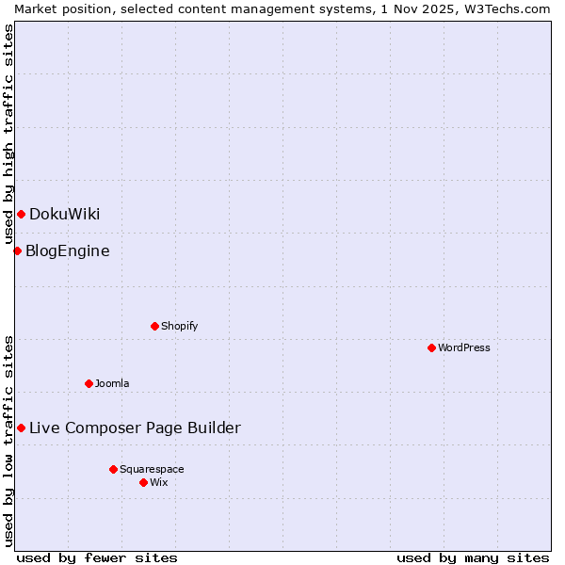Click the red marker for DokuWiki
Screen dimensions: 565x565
pos(21,215)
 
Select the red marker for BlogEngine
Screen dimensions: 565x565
pos(17,250)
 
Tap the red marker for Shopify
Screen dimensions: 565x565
pos(154,327)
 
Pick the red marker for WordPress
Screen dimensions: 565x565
pos(431,348)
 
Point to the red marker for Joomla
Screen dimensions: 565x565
pos(89,383)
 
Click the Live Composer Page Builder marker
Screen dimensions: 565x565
pos(21,428)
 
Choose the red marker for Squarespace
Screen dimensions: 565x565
pos(113,469)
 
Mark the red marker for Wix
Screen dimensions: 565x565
pos(143,482)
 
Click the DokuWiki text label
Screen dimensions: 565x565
pos(64,215)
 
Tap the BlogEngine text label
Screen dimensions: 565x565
pos(67,250)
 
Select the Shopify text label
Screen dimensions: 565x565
pos(179,327)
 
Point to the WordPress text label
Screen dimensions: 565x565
pos(463,348)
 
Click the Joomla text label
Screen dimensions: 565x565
pos(112,383)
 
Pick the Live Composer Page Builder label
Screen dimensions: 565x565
pos(135,428)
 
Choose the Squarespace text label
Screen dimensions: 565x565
pos(152,469)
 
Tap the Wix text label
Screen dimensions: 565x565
pos(158,482)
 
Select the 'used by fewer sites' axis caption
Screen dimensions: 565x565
pos(97,557)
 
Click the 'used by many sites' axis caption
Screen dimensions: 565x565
pos(473,557)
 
